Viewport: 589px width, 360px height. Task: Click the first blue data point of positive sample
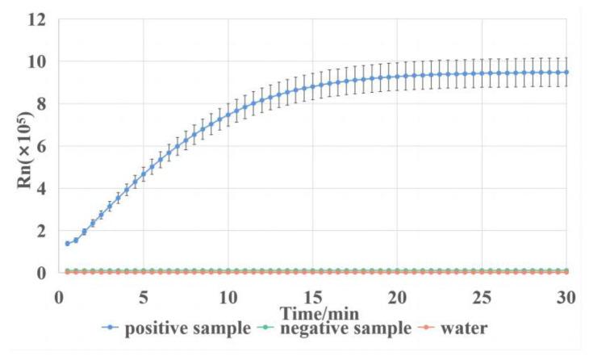pyautogui.click(x=67, y=243)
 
